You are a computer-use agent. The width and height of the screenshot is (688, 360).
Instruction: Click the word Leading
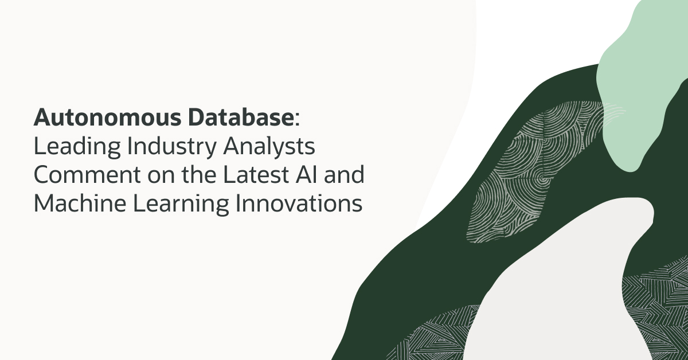click(x=72, y=147)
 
